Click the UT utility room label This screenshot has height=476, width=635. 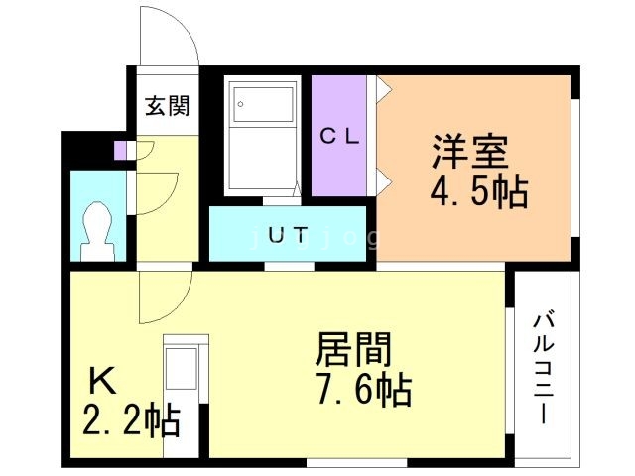[288, 235]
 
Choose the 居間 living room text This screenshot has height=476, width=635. [353, 350]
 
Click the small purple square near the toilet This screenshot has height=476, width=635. [121, 151]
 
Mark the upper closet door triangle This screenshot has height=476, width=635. [383, 90]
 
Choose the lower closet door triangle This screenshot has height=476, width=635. [383, 181]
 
